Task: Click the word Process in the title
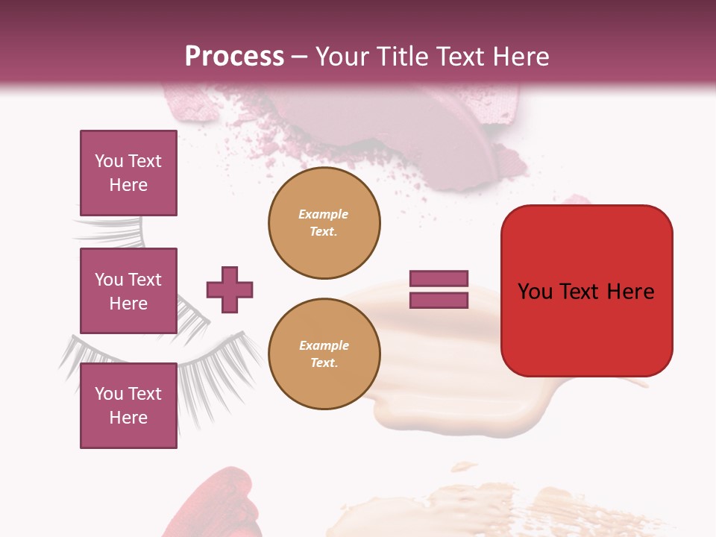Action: (234, 57)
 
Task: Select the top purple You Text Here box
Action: (128, 173)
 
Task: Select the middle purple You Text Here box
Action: (128, 291)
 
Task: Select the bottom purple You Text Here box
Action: (128, 406)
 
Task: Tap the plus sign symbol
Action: (230, 289)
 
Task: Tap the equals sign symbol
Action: (439, 289)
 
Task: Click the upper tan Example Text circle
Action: (324, 223)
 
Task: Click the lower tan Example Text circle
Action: (324, 354)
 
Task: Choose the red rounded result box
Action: (586, 291)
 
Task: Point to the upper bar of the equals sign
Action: (439, 279)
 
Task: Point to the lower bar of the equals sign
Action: (439, 301)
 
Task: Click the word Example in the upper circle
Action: (324, 214)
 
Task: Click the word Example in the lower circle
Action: (324, 345)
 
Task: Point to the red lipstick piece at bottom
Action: (220, 507)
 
